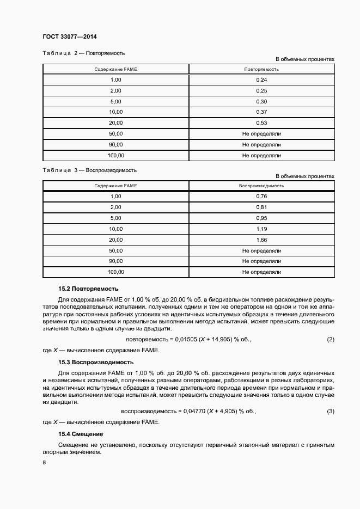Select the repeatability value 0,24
point(261,80)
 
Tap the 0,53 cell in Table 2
point(261,123)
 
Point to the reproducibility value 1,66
point(261,240)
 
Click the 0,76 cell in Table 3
point(261,197)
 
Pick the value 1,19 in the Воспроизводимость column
point(261,229)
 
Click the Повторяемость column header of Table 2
point(261,69)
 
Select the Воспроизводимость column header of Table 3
point(261,186)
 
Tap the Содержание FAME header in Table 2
point(115,69)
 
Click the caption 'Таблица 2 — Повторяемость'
point(84,53)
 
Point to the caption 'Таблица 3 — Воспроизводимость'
point(89,170)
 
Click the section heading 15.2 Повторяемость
point(88,289)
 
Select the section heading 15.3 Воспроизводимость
point(96,362)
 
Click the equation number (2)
point(330,340)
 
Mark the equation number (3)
point(330,411)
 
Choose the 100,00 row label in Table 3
point(115,272)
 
